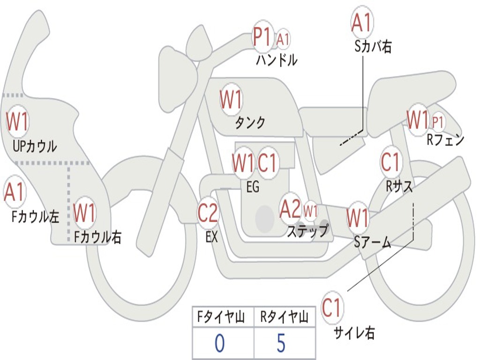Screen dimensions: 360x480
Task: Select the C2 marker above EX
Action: coord(208,213)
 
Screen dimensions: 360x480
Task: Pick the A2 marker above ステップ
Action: coord(290,209)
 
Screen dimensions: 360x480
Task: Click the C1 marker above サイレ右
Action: coord(332,308)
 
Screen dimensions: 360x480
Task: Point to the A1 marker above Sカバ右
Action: coord(362,22)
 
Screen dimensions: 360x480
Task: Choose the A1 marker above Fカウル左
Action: coord(14,192)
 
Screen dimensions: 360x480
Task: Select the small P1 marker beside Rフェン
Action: coord(438,122)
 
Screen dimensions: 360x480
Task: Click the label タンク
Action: coord(250,123)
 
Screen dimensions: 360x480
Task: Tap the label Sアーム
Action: coord(373,242)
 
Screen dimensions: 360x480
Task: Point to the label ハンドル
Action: coord(277,60)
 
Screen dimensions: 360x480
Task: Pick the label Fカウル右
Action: coord(98,237)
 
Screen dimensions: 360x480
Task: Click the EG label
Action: coord(252,187)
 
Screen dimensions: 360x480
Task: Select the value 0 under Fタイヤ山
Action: coord(220,343)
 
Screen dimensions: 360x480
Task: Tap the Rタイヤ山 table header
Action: coord(284,318)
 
